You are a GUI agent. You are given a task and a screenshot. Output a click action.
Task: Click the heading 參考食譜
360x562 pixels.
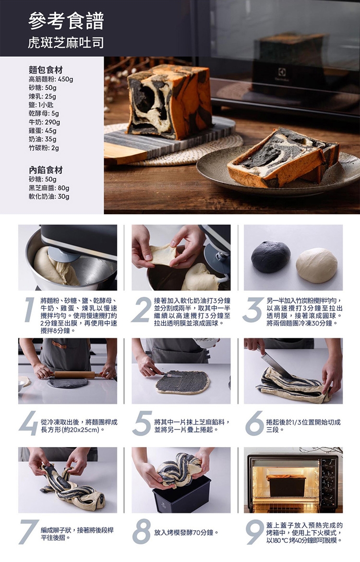[x=66, y=21]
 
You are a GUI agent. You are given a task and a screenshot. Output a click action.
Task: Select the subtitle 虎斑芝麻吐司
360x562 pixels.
[x=66, y=43]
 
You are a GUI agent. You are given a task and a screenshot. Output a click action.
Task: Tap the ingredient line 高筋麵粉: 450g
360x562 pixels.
[x=51, y=79]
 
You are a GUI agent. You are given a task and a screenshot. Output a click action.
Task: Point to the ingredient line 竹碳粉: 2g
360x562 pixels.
[x=44, y=148]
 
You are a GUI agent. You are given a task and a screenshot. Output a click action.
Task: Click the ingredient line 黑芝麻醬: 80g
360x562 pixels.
[x=49, y=188]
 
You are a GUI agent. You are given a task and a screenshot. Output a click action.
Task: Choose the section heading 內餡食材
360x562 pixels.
[x=46, y=170]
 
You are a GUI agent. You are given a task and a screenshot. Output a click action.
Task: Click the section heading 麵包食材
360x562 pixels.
[x=46, y=70]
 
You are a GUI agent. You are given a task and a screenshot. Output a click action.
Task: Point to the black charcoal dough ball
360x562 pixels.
[x=271, y=257]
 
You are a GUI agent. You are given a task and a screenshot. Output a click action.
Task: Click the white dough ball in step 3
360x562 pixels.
[x=317, y=265]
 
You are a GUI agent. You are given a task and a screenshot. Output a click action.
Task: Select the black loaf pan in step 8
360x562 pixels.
[x=181, y=494]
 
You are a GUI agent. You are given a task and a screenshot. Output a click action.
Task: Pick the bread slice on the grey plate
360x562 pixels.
[x=283, y=158]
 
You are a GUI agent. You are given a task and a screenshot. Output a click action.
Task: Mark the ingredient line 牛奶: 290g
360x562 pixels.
[x=45, y=122]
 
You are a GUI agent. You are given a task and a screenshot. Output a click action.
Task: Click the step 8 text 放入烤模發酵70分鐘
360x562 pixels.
[x=186, y=533]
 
